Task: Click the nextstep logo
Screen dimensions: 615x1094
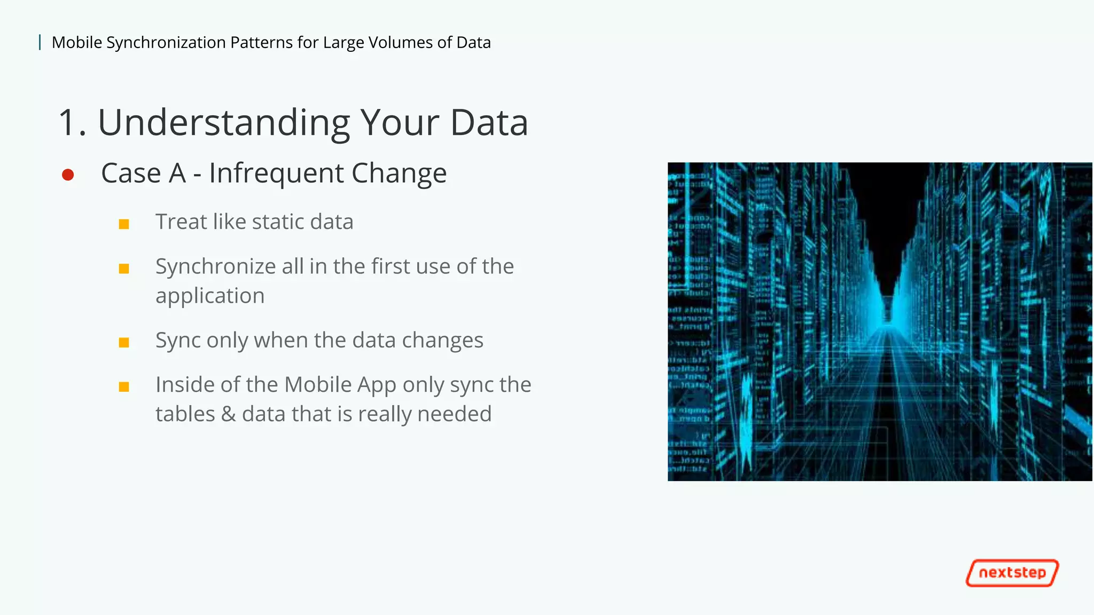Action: point(1012,573)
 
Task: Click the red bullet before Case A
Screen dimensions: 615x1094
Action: point(68,175)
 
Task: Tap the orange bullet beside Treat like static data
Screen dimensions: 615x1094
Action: point(124,224)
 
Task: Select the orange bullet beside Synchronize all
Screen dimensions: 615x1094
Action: point(124,268)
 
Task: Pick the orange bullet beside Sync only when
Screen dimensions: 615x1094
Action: point(124,342)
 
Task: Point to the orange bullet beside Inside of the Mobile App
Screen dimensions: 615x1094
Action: point(124,387)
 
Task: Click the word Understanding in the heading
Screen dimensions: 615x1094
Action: point(224,123)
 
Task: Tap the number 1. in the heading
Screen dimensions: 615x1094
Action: point(72,123)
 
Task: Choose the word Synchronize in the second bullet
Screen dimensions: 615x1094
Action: point(215,267)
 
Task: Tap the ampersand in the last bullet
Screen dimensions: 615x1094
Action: point(228,414)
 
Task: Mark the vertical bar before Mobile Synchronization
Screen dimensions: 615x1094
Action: point(40,42)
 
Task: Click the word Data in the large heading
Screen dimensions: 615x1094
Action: point(489,123)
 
